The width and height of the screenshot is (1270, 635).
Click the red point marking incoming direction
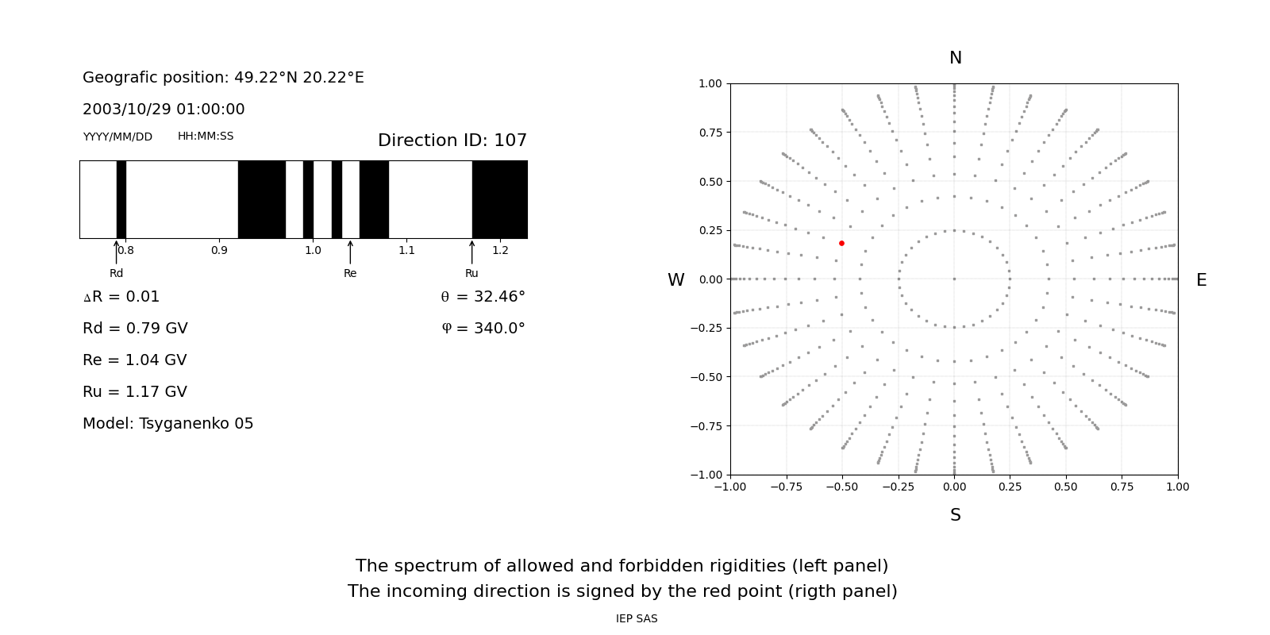[x=841, y=243]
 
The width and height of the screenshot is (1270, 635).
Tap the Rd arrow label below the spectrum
[x=117, y=274]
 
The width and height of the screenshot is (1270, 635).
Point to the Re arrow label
[x=350, y=274]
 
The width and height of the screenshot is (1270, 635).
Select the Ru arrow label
[x=471, y=274]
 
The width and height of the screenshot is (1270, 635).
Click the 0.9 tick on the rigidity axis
[x=219, y=251]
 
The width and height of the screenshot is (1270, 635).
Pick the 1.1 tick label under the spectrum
[x=406, y=251]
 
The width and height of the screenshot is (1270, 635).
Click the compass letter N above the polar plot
[x=955, y=59]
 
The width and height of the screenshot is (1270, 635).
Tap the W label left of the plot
[x=675, y=280]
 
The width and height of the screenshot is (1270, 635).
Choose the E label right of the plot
[x=1201, y=280]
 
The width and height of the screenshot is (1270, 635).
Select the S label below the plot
[x=955, y=516]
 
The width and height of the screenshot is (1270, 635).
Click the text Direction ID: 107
[x=452, y=140]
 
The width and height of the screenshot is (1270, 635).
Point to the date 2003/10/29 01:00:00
[x=164, y=110]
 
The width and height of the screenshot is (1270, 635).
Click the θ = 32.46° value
[x=483, y=297]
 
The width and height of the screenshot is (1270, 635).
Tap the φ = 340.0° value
[x=483, y=329]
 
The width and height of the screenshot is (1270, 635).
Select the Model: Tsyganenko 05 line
[x=167, y=424]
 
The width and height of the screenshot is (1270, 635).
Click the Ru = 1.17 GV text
[x=135, y=392]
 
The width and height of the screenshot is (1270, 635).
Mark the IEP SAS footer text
[x=637, y=619]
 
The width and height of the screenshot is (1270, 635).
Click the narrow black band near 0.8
[x=121, y=199]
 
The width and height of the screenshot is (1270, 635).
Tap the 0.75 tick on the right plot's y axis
[x=710, y=133]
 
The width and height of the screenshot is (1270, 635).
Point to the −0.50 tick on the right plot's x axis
[x=842, y=487]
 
